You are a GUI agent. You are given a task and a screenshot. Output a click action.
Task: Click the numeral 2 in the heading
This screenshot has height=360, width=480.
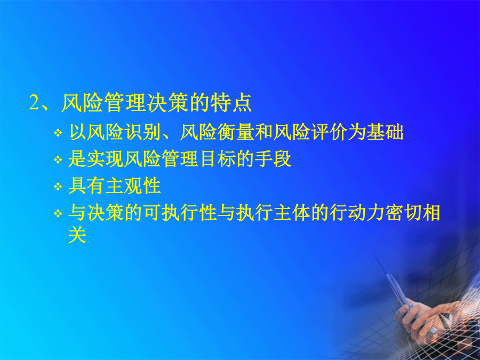coord(34,102)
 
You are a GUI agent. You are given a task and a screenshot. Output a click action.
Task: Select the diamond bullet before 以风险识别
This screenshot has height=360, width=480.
coord(58,133)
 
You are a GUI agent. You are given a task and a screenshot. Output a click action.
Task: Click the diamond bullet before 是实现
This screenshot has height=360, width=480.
coord(58,159)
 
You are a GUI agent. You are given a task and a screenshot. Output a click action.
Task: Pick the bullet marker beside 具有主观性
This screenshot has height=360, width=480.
coord(58,186)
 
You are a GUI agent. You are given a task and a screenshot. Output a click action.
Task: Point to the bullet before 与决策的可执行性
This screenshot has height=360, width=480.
coord(58,213)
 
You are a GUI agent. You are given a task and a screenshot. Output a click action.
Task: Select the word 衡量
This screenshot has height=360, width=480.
coord(236,132)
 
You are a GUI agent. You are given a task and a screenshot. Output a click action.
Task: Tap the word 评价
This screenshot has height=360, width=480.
coord(330,132)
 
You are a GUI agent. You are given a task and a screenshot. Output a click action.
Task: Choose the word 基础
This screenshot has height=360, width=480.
coord(385,132)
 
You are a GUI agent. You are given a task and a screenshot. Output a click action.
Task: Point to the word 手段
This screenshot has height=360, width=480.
coord(273,159)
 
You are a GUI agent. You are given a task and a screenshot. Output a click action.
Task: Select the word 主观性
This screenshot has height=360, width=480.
coord(133,186)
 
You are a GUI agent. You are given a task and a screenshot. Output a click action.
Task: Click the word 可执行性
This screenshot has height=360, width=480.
coord(180,212)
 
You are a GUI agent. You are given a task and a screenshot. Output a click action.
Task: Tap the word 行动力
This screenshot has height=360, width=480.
coord(357,212)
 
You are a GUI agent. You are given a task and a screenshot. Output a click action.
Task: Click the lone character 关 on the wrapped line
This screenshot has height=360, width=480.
coord(77,235)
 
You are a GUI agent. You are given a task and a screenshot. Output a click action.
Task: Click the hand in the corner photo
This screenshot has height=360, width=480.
coord(429,318)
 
